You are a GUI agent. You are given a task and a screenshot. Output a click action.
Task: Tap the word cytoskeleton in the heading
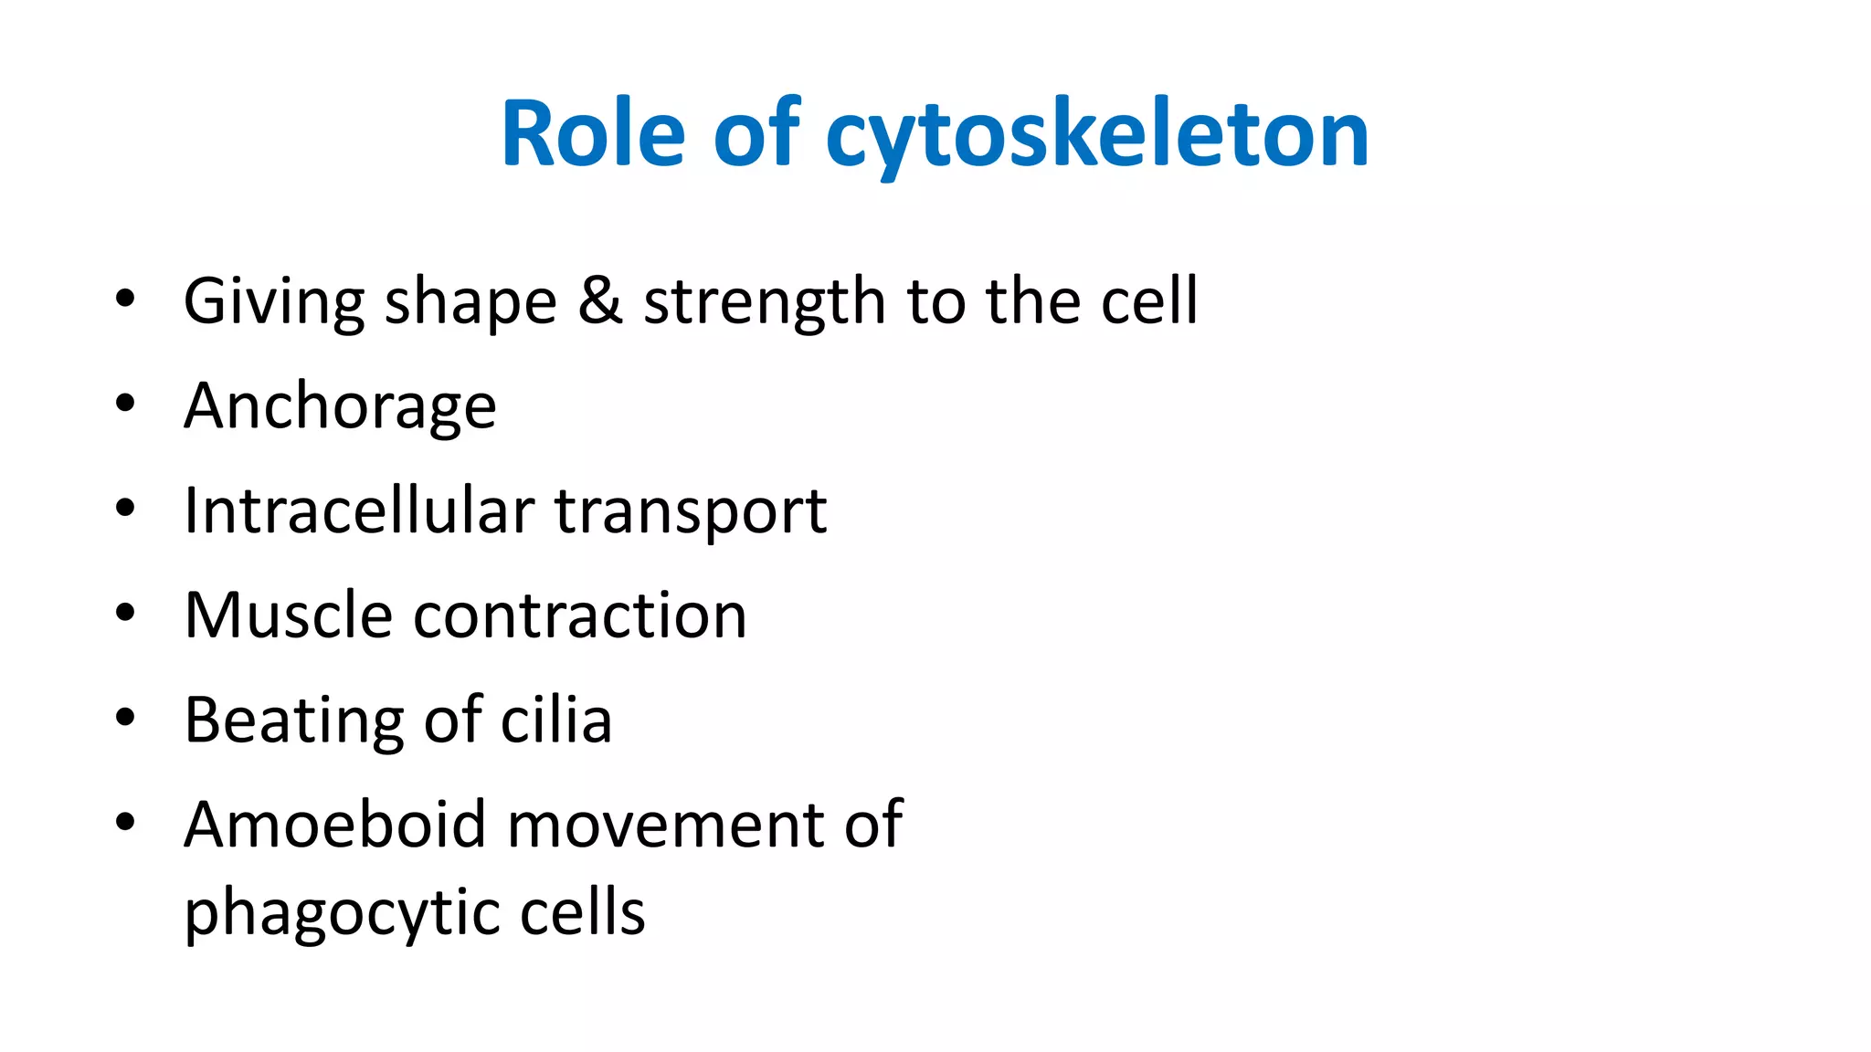[x=1097, y=135]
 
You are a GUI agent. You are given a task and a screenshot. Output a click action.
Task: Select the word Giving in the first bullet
[x=273, y=302]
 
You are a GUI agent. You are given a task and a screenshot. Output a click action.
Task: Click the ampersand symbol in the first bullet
[x=600, y=300]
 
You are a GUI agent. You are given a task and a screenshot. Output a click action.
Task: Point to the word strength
[x=764, y=302]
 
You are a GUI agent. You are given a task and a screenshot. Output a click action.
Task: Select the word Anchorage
[x=340, y=406]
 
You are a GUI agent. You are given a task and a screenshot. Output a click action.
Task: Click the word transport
[x=691, y=511]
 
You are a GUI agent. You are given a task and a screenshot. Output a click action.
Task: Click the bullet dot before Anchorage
[x=125, y=403]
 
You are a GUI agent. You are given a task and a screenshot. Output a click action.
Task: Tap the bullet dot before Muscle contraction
[x=125, y=613]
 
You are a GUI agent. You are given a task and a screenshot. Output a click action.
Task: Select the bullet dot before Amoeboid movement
[x=125, y=822]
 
